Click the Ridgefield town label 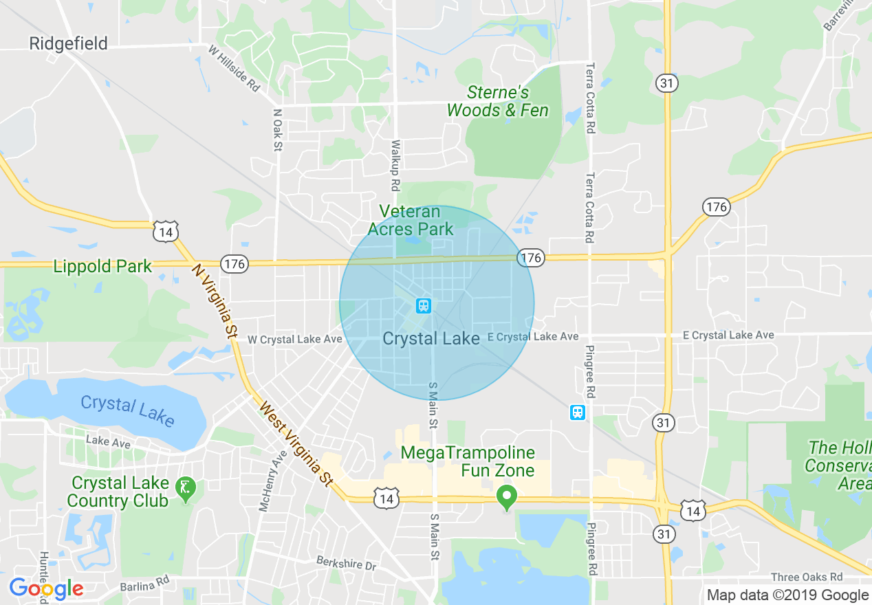68,44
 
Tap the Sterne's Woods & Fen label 498,101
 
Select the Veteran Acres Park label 411,220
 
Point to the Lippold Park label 102,266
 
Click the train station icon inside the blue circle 424,305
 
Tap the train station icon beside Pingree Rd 578,412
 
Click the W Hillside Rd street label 235,68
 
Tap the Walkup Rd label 395,166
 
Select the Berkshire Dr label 347,562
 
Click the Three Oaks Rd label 807,577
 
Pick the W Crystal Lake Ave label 294,340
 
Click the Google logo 46,588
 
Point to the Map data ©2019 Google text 787,595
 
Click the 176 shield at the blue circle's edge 531,258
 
